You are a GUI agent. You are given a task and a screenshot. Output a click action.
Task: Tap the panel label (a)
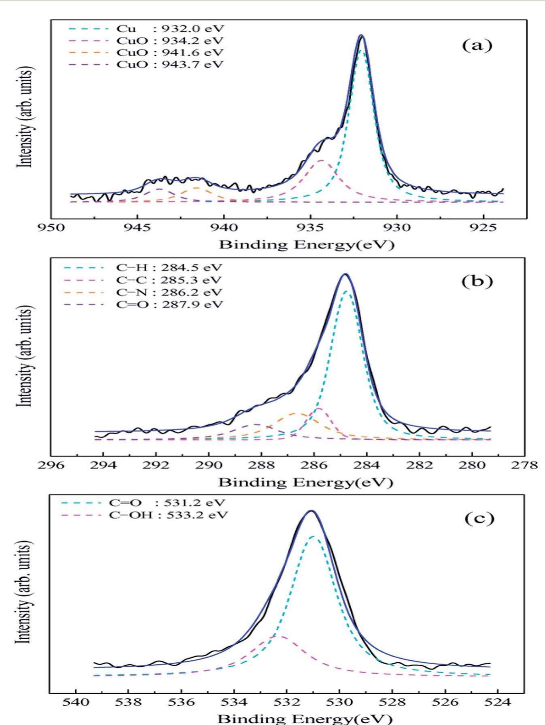coord(477,46)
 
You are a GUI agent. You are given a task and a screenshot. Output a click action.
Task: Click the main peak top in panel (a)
coord(362,36)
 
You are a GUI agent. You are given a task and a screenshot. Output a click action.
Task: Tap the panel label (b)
coord(477,282)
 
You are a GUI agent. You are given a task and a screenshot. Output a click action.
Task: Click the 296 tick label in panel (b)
coord(51,465)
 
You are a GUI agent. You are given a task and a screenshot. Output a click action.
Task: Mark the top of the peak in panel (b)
coord(345,274)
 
